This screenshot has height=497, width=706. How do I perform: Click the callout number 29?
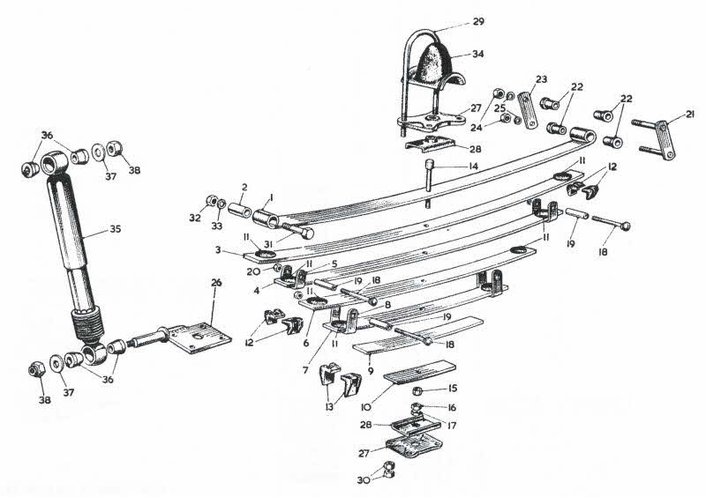[478, 20]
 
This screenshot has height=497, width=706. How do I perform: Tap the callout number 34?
[477, 54]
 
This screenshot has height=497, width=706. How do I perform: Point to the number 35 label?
[116, 230]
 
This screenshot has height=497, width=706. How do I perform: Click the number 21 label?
[690, 113]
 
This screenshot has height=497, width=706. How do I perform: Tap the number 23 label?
[541, 78]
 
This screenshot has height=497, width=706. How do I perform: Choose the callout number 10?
[364, 406]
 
